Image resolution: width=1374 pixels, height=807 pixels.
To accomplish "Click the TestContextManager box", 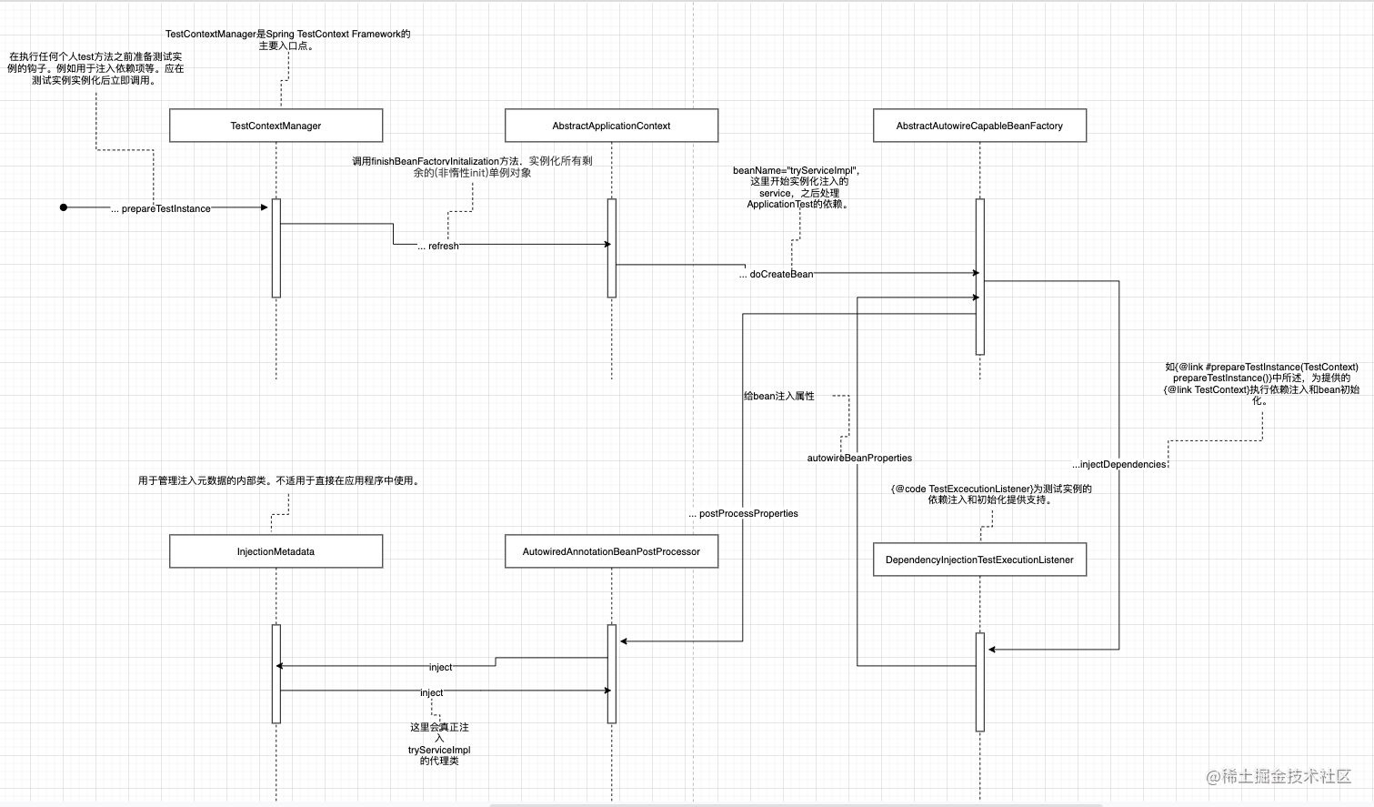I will (276, 126).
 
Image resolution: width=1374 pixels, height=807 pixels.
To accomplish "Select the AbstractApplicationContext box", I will (611, 126).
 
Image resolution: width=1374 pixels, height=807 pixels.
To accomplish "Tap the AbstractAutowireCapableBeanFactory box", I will (979, 126).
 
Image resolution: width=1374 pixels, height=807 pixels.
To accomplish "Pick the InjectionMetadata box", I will (276, 551).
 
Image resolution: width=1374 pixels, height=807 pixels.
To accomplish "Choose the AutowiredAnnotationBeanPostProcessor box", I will (611, 551).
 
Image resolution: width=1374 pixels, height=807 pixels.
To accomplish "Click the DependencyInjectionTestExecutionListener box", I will (979, 560).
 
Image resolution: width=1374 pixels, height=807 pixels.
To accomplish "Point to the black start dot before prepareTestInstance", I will (64, 207).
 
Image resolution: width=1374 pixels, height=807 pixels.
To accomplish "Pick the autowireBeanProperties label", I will (859, 459).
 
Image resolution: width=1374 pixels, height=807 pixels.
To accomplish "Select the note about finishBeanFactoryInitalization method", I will (472, 166).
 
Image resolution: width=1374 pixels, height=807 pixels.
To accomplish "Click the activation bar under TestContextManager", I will (276, 247).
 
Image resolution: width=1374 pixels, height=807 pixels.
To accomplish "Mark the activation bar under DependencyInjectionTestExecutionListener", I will (980, 681).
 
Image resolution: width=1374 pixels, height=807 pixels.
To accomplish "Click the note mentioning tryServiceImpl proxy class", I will (439, 743).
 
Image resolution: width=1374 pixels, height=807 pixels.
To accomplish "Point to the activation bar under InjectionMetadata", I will (276, 673).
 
